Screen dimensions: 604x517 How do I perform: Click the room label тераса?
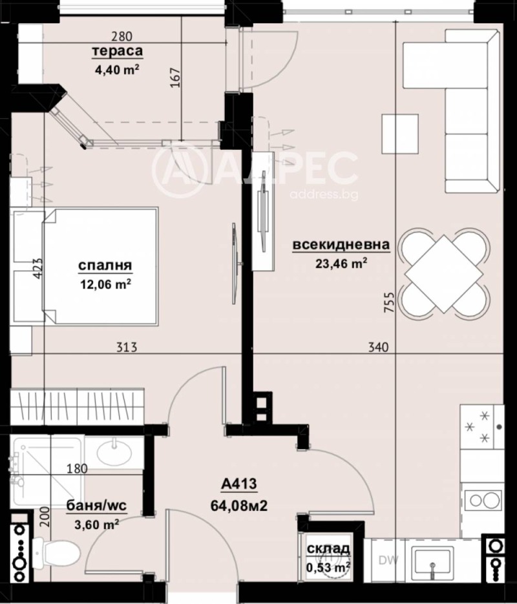tap(117, 51)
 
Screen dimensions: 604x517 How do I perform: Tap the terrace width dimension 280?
tap(120, 37)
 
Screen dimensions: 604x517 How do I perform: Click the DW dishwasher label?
tap(386, 559)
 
